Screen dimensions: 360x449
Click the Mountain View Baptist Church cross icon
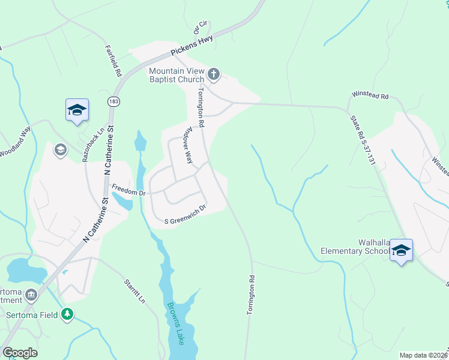tap(213, 75)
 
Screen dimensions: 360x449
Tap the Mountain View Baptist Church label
tap(177, 76)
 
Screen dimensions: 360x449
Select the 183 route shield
tap(113, 101)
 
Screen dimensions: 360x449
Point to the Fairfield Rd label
tap(113, 60)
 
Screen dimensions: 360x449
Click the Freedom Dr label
tap(128, 193)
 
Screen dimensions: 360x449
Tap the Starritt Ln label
tap(135, 291)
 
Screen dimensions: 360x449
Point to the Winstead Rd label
tap(370, 96)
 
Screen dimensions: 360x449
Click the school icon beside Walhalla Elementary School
tap(401, 250)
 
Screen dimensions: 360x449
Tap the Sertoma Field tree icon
tap(68, 314)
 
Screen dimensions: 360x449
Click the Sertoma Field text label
tap(33, 314)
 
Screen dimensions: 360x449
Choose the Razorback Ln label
tap(93, 145)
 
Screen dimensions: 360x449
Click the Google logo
tap(20, 353)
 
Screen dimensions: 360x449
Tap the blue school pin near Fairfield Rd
tap(77, 110)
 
